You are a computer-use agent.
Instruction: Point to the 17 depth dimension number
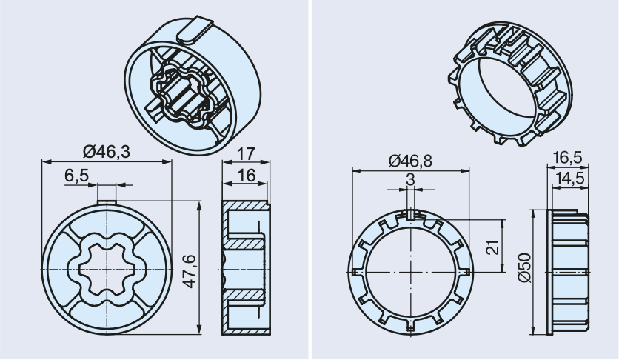[x=247, y=154]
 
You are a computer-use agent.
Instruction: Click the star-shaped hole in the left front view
[x=107, y=267]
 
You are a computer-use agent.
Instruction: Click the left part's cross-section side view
[x=245, y=267]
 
